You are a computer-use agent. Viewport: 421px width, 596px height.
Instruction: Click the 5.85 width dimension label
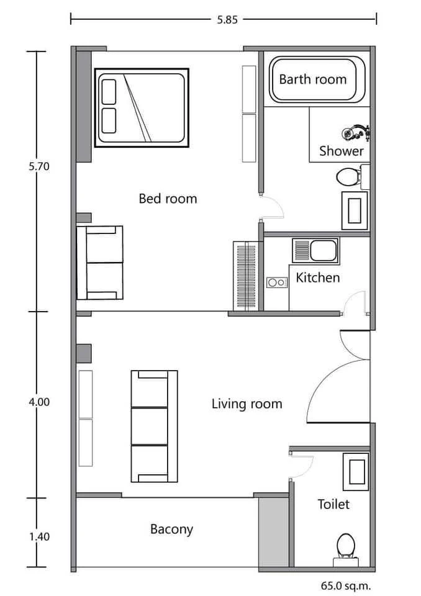tap(227, 19)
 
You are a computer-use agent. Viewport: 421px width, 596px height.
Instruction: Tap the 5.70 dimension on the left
tap(39, 166)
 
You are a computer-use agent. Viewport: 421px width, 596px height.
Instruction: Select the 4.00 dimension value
tap(39, 402)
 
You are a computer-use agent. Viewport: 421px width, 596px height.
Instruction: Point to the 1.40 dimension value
tap(40, 536)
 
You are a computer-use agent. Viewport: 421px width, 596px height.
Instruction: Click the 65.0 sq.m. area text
tap(346, 585)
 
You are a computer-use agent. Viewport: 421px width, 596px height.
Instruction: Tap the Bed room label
tap(168, 199)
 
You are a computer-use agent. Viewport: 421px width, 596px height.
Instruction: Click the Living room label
tap(247, 404)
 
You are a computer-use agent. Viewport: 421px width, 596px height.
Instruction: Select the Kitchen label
tap(317, 278)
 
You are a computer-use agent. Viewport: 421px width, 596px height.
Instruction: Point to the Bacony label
tap(171, 529)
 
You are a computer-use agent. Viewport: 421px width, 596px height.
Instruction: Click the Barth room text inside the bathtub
tap(312, 79)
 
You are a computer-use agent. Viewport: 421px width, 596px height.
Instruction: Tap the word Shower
tap(341, 151)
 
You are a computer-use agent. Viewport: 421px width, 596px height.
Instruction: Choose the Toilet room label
tap(333, 504)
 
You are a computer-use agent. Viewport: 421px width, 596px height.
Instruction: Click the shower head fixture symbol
tap(356, 132)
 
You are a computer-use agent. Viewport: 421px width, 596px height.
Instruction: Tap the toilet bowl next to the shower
tap(348, 177)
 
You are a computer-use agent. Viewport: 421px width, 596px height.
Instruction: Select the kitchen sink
tap(315, 250)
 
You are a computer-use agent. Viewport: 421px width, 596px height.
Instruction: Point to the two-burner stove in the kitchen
tap(276, 282)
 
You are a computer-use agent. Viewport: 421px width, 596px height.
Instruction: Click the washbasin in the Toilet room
tap(356, 472)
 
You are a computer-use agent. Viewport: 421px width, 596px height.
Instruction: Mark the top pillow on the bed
tap(109, 92)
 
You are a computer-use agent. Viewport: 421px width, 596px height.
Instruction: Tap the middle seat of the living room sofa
tap(150, 426)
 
